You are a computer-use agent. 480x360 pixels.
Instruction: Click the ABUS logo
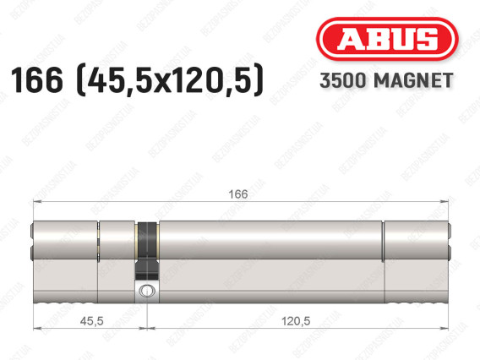click(x=387, y=39)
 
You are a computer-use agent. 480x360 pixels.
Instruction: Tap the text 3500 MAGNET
click(x=386, y=81)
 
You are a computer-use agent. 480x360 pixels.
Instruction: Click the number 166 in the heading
click(x=36, y=80)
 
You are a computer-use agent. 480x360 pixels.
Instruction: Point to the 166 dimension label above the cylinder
click(x=238, y=194)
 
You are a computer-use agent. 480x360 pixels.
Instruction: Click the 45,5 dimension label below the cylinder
click(x=91, y=321)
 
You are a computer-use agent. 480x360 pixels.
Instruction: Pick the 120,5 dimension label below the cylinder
click(x=296, y=321)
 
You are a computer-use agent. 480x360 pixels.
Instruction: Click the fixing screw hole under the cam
click(x=147, y=291)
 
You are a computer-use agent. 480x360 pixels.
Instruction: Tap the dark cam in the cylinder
click(x=147, y=250)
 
